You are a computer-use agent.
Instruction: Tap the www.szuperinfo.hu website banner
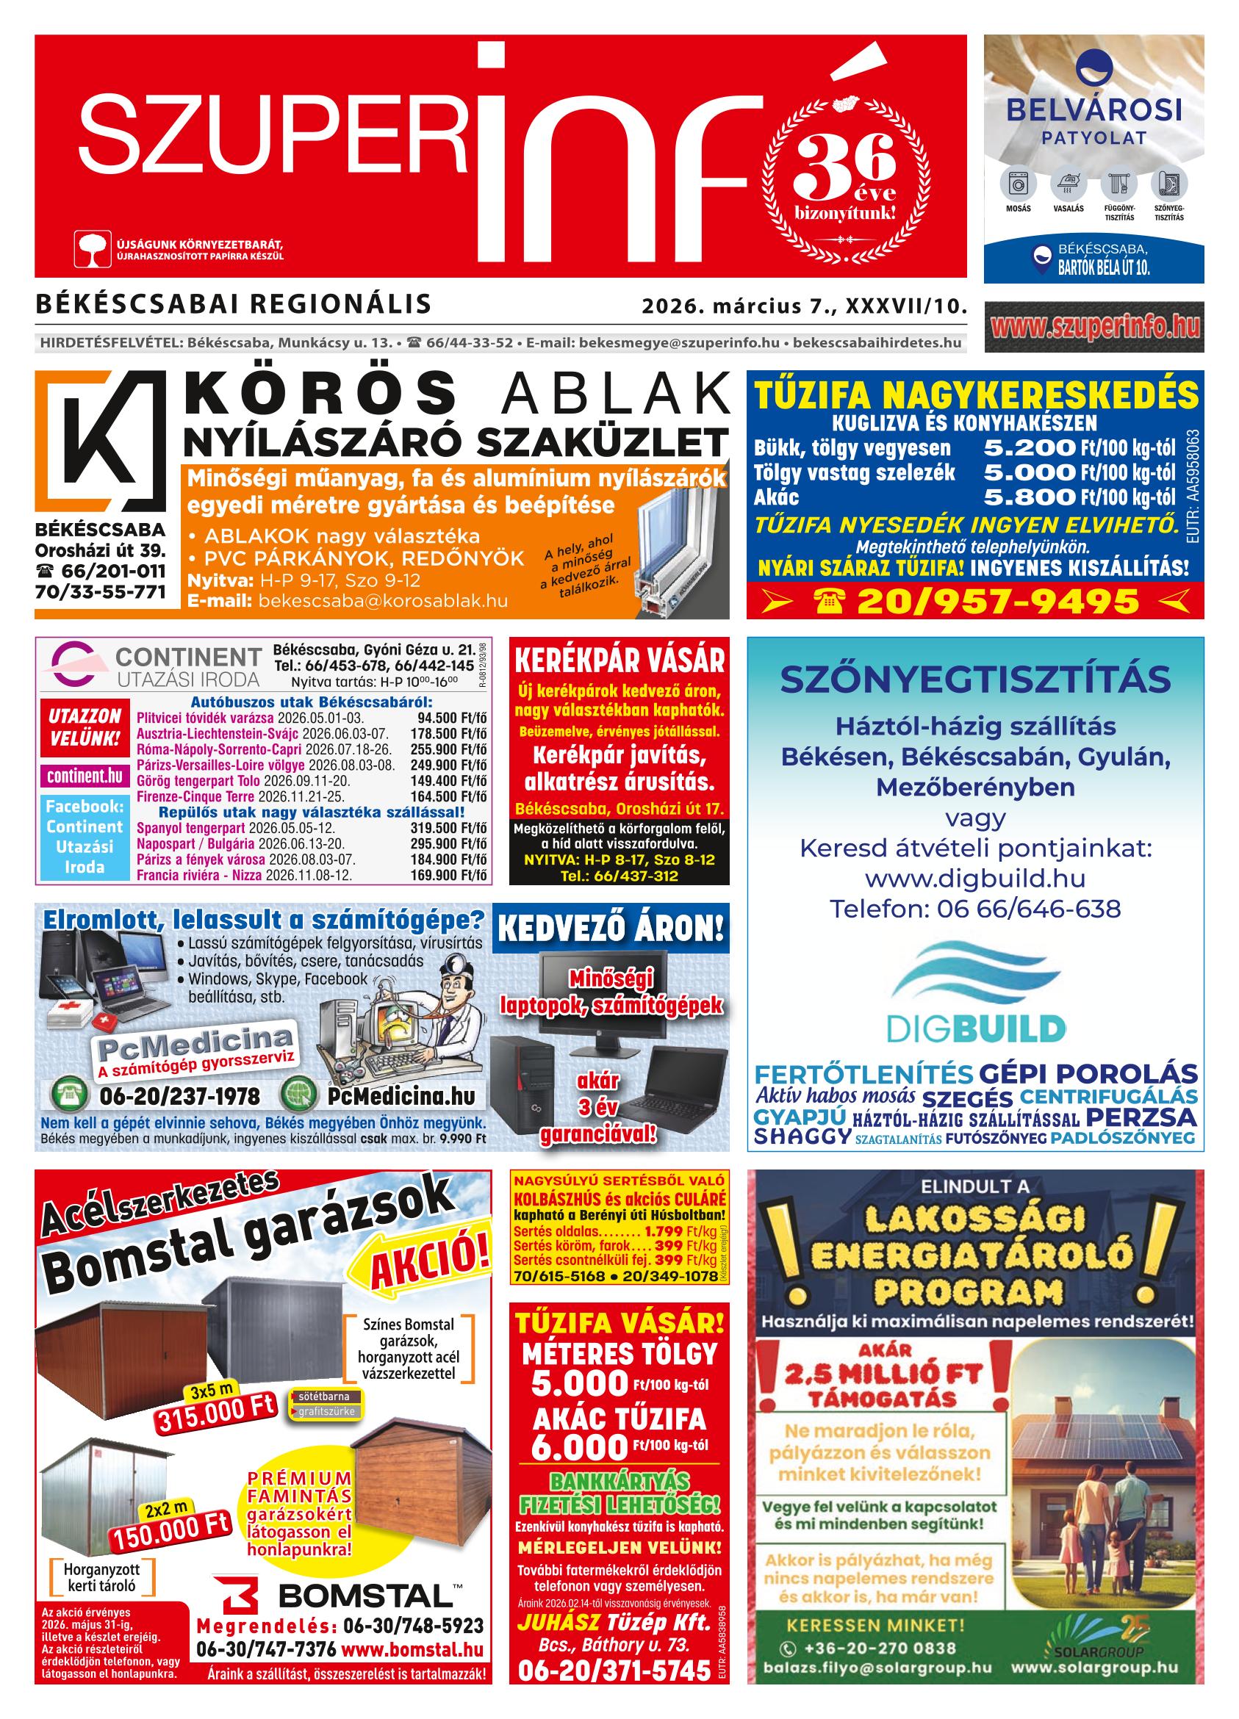(x=1093, y=327)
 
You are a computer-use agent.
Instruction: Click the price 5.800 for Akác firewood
(x=1028, y=497)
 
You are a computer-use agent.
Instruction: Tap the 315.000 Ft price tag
(x=217, y=1413)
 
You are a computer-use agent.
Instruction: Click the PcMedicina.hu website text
(x=401, y=1096)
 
